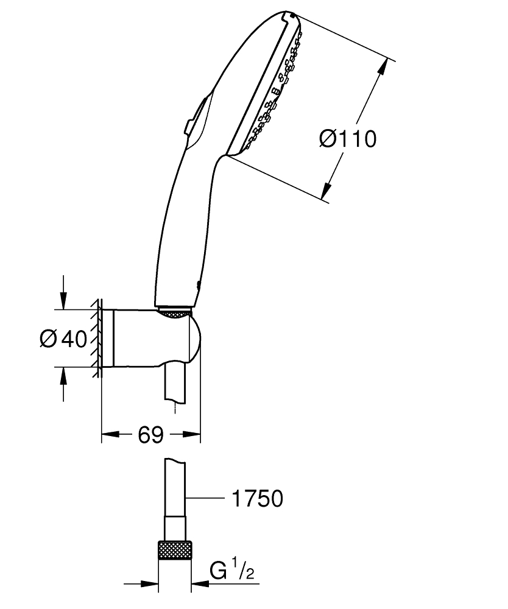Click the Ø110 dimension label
348,139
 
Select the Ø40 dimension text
63,338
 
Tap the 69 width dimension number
150,435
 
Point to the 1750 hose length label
257,499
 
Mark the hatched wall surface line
97,338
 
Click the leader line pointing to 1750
204,499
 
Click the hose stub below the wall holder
175,384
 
